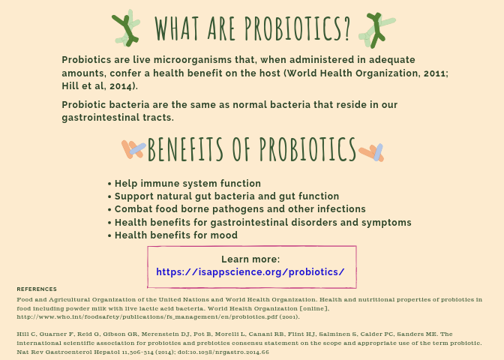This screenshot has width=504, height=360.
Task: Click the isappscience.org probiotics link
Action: click(x=250, y=272)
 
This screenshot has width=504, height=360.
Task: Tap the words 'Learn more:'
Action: click(x=250, y=259)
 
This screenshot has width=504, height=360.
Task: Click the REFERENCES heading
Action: click(x=37, y=289)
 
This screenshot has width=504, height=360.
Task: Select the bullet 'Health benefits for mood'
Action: click(x=176, y=235)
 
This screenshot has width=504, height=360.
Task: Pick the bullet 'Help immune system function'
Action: click(x=187, y=183)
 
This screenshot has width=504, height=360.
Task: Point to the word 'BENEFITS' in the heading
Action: click(x=185, y=149)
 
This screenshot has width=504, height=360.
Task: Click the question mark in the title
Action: click(x=346, y=28)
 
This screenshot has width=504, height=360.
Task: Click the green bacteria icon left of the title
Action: click(x=126, y=28)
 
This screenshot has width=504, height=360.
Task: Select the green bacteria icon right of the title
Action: click(x=376, y=30)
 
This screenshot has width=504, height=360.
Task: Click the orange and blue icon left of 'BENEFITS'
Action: click(x=133, y=149)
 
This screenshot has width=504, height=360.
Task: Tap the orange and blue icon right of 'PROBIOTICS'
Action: click(x=371, y=152)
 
